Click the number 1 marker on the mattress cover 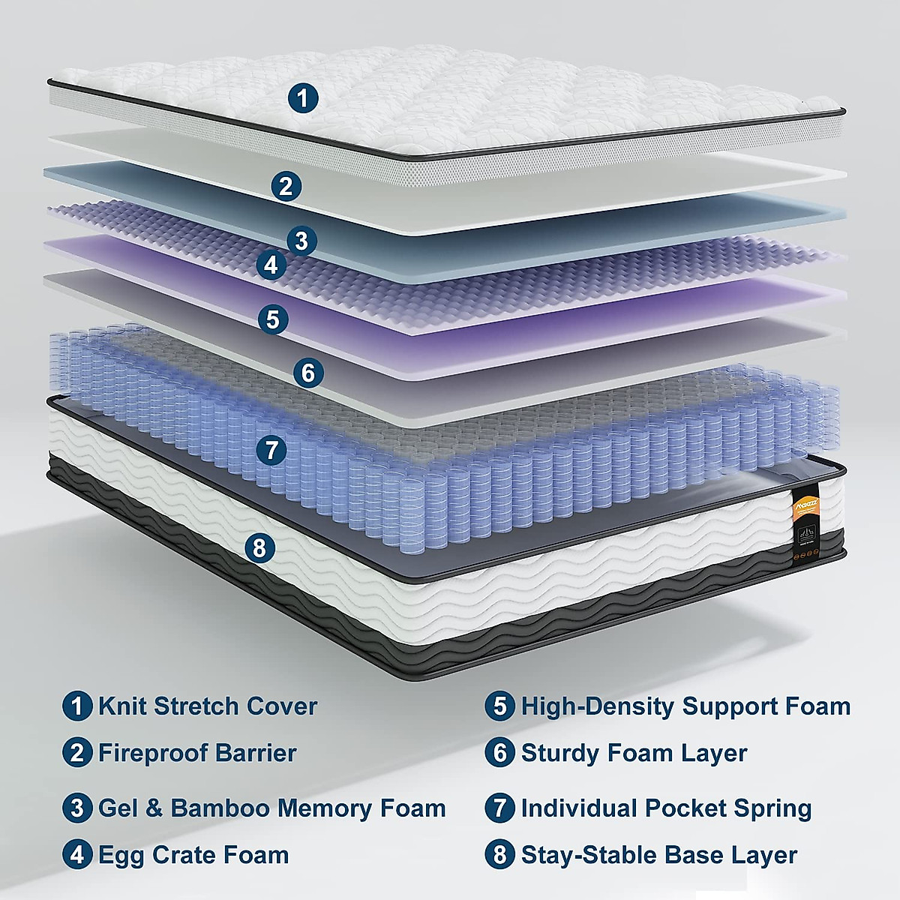tap(303, 97)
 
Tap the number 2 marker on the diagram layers tap(285, 185)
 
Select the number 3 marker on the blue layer tap(301, 241)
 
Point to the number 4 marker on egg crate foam tap(271, 264)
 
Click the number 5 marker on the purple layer tap(272, 319)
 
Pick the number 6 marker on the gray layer tap(308, 372)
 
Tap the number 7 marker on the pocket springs tap(271, 450)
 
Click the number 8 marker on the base tap(259, 547)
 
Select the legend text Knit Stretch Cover tap(208, 706)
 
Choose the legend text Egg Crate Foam tap(193, 854)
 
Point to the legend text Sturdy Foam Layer tap(634, 752)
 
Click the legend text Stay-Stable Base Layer tap(658, 854)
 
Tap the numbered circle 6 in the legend tap(500, 752)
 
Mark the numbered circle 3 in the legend tap(77, 808)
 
